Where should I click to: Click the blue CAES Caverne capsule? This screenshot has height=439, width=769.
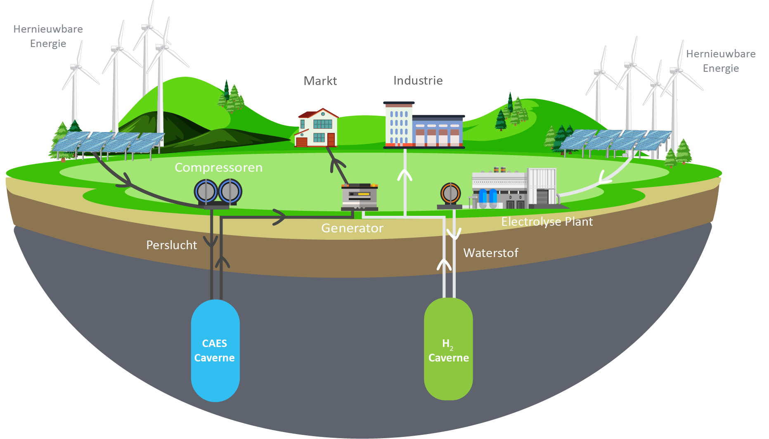tap(215, 351)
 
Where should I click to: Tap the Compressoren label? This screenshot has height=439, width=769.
tap(218, 168)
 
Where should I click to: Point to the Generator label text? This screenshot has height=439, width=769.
tap(352, 228)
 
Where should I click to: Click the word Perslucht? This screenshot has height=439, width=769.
tap(172, 245)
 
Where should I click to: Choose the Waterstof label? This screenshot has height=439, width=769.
tap(491, 253)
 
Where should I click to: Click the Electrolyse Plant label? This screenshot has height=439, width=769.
tap(547, 222)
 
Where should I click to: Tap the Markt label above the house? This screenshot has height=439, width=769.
tap(320, 81)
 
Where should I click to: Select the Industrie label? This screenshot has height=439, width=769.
tap(418, 80)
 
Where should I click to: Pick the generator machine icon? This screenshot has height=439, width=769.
tap(360, 196)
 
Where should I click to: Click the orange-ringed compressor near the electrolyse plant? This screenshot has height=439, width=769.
tap(450, 193)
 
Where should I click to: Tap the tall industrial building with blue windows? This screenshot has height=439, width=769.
tap(398, 124)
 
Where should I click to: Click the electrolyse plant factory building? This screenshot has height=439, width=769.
tap(514, 188)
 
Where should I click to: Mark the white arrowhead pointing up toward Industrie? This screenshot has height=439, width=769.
tap(405, 175)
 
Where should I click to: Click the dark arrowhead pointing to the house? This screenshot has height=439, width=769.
tap(338, 165)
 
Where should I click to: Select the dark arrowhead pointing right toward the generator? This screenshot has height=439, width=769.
tap(279, 217)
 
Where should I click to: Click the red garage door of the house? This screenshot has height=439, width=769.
tap(302, 142)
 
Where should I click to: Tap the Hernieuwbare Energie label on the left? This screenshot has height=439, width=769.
tap(48, 36)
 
